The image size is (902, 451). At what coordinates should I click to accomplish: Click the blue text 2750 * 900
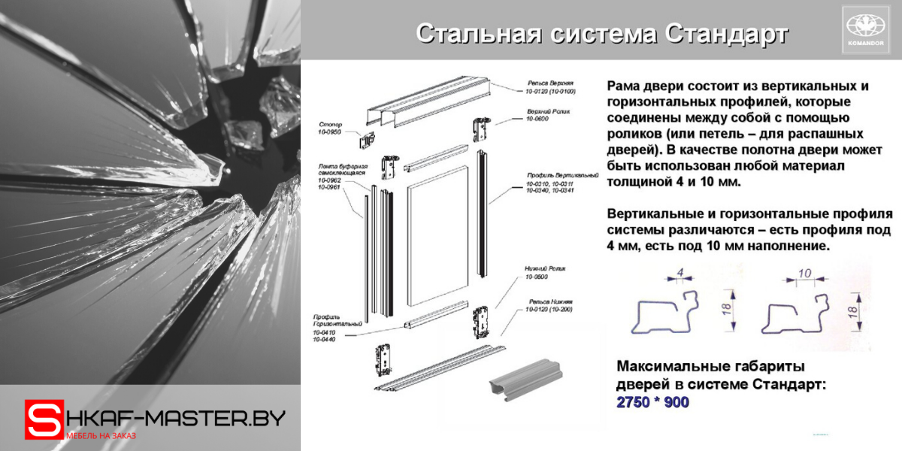652,403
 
